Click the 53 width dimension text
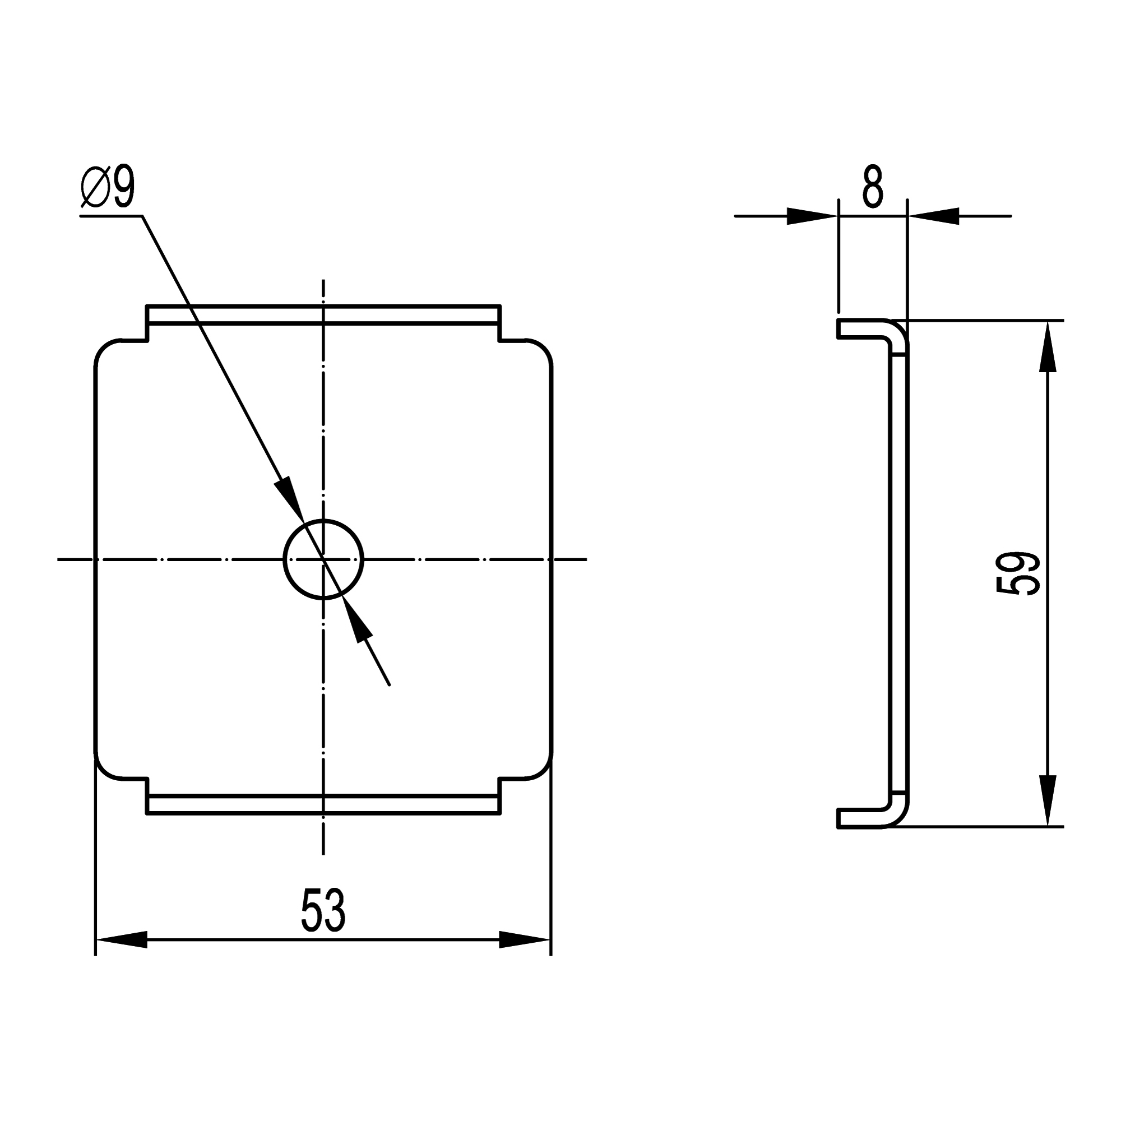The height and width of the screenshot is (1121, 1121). click(x=323, y=910)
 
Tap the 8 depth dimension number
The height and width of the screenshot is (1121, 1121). click(x=873, y=187)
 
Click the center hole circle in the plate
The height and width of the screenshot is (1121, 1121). click(x=323, y=559)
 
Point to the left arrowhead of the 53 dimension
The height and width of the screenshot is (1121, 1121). click(x=122, y=939)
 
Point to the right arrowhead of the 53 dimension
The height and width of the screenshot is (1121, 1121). click(x=524, y=939)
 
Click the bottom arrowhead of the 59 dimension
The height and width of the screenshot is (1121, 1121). click(x=1048, y=800)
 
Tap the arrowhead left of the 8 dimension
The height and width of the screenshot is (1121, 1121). click(x=812, y=216)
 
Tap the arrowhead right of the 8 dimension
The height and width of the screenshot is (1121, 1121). click(x=934, y=216)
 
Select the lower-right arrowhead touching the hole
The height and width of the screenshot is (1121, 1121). click(x=357, y=620)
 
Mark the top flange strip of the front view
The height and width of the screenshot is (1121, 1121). click(x=323, y=314)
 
